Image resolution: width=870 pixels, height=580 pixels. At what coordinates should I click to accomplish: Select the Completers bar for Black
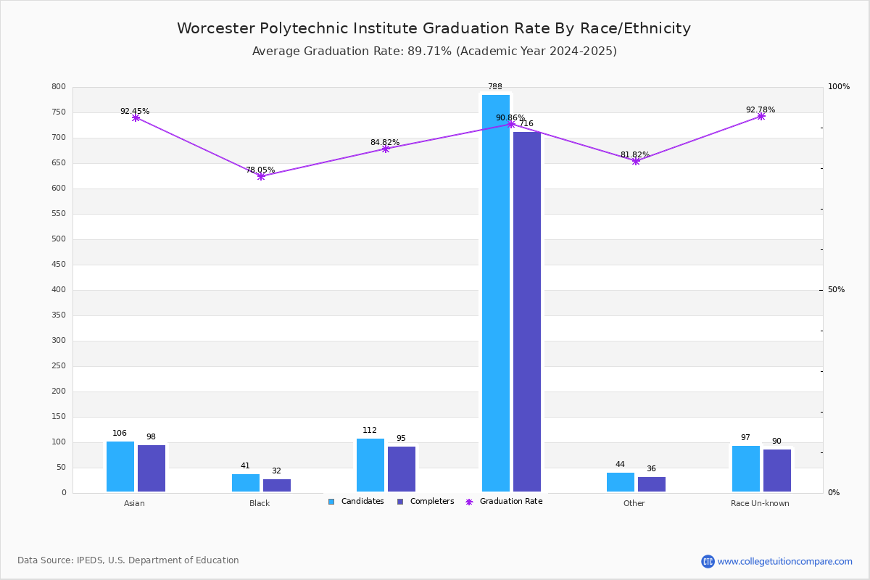pos(277,485)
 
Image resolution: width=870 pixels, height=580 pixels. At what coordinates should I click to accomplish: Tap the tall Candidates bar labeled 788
pos(496,293)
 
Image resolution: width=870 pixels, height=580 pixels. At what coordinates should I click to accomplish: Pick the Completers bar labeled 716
pos(527,312)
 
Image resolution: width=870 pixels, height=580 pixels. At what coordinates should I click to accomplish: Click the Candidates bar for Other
pos(621,482)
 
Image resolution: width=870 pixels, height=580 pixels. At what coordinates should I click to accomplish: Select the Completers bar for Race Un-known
pos(777,471)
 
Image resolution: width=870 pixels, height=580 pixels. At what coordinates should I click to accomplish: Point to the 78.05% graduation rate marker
pos(261,176)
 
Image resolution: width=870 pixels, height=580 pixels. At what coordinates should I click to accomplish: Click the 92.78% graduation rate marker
pos(761,116)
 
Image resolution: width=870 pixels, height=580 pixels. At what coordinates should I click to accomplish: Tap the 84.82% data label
pos(385,142)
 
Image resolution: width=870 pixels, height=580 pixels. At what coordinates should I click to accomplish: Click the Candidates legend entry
pos(356,502)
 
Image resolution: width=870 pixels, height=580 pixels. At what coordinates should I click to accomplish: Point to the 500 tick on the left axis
pos(59,239)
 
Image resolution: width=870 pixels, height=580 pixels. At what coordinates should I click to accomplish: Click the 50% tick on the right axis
pos(836,290)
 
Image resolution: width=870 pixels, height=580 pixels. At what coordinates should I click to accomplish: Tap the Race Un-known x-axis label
pos(760,503)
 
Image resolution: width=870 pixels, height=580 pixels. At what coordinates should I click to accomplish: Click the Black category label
pos(260,503)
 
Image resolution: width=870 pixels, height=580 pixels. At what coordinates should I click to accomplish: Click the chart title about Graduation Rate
pos(434,28)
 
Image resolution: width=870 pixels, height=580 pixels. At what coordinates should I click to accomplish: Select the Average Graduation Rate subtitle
pos(434,51)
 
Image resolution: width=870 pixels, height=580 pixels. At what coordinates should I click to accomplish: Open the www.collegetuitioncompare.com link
pos(784,561)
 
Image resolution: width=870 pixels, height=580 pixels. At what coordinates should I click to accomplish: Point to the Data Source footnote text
pos(128,560)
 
